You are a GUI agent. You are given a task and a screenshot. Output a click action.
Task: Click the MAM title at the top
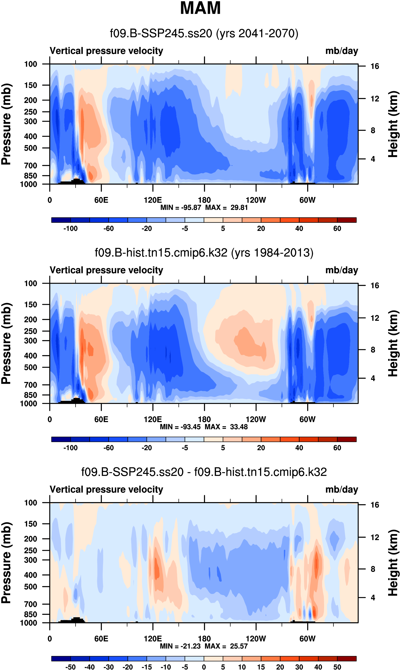[200, 8]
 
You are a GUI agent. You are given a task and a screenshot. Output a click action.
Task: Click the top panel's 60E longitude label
[101, 200]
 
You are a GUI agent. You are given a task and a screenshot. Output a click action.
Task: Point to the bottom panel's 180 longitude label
[204, 639]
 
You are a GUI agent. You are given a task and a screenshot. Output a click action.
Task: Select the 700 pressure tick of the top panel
[30, 165]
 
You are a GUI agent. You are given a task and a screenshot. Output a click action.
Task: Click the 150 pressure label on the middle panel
[30, 305]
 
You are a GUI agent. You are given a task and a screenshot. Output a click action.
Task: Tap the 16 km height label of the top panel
[375, 66]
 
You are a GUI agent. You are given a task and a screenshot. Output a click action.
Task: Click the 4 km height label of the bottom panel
[373, 597]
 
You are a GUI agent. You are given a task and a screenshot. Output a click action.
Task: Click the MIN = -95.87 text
[181, 208]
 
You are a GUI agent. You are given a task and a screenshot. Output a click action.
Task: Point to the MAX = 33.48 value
[226, 427]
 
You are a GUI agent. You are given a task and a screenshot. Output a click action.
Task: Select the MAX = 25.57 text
[226, 646]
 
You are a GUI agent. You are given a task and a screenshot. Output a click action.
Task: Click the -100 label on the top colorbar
[71, 229]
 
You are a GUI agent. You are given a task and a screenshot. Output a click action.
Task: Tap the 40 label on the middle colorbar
[299, 448]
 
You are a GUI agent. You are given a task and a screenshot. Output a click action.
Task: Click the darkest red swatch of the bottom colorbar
[347, 659]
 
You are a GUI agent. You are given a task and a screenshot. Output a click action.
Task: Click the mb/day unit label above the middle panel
[341, 270]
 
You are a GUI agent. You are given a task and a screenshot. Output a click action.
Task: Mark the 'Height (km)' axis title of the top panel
[393, 124]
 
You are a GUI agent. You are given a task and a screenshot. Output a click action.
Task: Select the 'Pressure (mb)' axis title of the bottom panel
[6, 563]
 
